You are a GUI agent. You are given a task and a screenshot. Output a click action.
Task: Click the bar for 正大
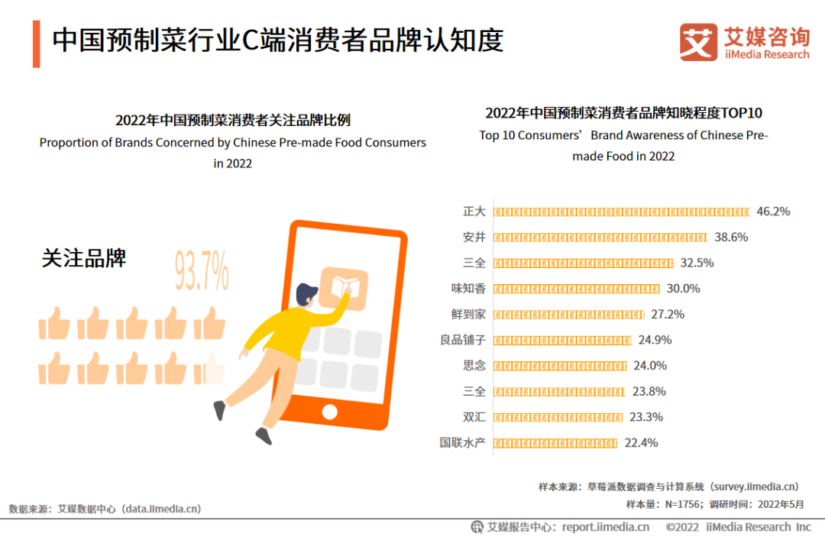click(622, 212)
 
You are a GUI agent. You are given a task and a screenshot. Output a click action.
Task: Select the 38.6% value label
click(731, 238)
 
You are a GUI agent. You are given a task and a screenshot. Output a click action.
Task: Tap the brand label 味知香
click(468, 289)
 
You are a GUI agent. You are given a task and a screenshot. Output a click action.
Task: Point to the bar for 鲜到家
click(569, 315)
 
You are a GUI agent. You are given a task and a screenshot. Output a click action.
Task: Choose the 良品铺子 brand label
click(458, 340)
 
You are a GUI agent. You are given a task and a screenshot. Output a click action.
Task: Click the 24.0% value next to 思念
click(650, 366)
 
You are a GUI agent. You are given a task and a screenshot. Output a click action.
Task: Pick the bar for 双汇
click(558, 417)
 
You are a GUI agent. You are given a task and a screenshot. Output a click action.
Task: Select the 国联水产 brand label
click(463, 443)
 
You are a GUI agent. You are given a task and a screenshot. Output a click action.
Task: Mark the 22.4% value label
click(642, 443)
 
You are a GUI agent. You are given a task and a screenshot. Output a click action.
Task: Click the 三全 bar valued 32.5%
click(584, 263)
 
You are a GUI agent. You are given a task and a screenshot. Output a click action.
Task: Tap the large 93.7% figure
click(202, 271)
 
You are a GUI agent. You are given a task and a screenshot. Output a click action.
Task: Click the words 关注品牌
click(84, 258)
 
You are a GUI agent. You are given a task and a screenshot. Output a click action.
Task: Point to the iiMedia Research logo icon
click(698, 42)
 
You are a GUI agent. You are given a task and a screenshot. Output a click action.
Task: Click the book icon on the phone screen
click(344, 289)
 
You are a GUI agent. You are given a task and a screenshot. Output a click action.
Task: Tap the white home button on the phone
click(330, 412)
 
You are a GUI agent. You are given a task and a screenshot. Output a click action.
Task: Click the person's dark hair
click(306, 293)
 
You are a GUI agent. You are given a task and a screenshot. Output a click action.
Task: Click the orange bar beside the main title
click(36, 44)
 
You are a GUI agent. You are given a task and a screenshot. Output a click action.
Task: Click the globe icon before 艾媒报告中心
click(477, 526)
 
